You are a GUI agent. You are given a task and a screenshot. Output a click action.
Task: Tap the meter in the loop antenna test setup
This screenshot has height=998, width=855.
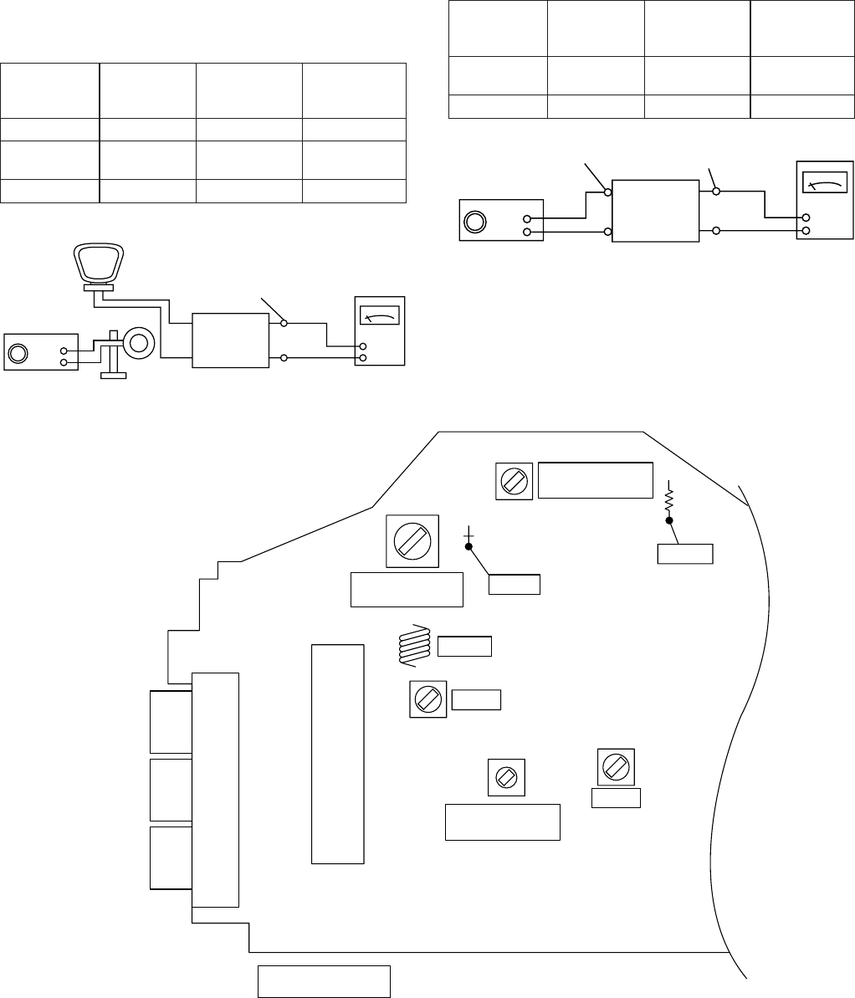pyautogui.click(x=379, y=330)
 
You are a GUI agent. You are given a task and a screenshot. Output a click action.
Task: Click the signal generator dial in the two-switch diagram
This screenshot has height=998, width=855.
pyautogui.click(x=474, y=222)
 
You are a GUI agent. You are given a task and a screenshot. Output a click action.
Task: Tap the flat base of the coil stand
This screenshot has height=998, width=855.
pyautogui.click(x=113, y=375)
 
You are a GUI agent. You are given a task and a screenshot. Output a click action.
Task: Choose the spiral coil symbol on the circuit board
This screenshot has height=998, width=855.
pyautogui.click(x=414, y=647)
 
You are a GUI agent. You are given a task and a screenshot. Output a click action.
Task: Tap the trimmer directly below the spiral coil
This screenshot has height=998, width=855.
pyautogui.click(x=427, y=699)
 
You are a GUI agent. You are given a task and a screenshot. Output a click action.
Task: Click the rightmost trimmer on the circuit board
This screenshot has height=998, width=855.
pyautogui.click(x=616, y=765)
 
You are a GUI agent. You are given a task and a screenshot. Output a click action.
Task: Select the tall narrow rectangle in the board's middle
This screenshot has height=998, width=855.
pyautogui.click(x=338, y=753)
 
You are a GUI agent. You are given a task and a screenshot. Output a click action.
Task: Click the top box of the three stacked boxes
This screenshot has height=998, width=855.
pyautogui.click(x=171, y=721)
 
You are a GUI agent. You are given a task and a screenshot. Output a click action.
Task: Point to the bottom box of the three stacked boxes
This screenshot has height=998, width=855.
pyautogui.click(x=171, y=857)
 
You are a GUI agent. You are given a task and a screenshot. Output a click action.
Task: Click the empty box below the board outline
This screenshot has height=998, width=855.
pyautogui.click(x=324, y=980)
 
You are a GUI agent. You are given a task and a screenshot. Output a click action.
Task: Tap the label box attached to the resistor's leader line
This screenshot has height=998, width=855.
pyautogui.click(x=685, y=553)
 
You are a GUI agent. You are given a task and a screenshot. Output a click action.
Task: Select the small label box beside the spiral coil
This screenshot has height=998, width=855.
pyautogui.click(x=464, y=646)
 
